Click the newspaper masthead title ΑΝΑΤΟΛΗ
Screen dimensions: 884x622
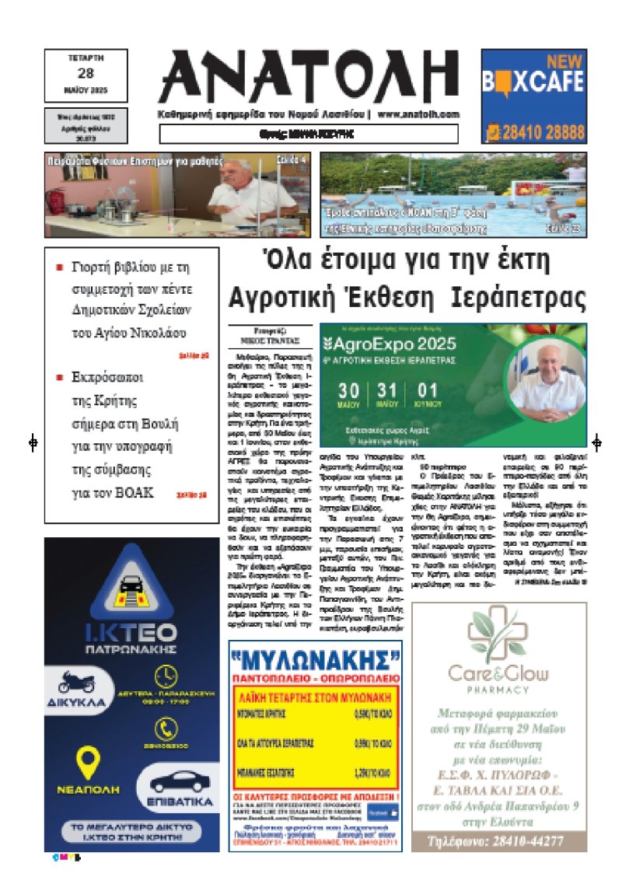click(x=309, y=76)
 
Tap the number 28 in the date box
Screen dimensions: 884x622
click(x=86, y=74)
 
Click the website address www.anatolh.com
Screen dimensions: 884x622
click(x=420, y=114)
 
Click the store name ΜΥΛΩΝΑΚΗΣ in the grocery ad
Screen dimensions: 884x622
click(x=315, y=661)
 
